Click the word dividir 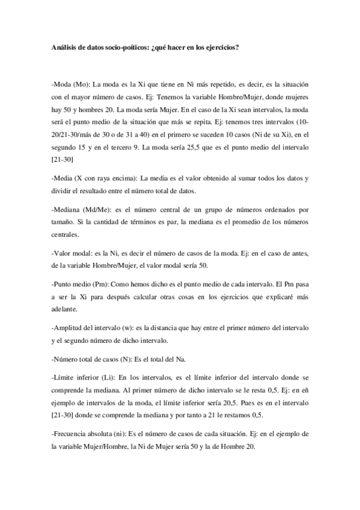[x=63, y=191]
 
